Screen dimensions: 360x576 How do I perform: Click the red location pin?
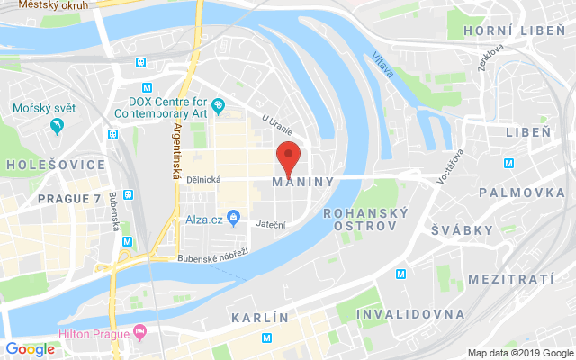(x=287, y=158)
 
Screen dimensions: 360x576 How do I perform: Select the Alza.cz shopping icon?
(x=233, y=217)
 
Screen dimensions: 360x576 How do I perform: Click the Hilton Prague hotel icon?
(x=140, y=333)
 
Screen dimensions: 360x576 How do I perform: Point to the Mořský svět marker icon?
(x=58, y=126)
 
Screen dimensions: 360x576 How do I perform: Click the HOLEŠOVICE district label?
(x=56, y=166)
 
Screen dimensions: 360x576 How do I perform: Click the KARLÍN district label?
(x=260, y=319)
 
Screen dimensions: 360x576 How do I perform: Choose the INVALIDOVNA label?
(x=410, y=314)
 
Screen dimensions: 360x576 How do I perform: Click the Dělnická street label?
(x=205, y=179)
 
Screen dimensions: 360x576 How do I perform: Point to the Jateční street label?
(x=271, y=224)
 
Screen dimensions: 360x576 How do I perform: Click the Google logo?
(x=30, y=349)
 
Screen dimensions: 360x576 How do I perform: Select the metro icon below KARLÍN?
(x=266, y=338)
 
